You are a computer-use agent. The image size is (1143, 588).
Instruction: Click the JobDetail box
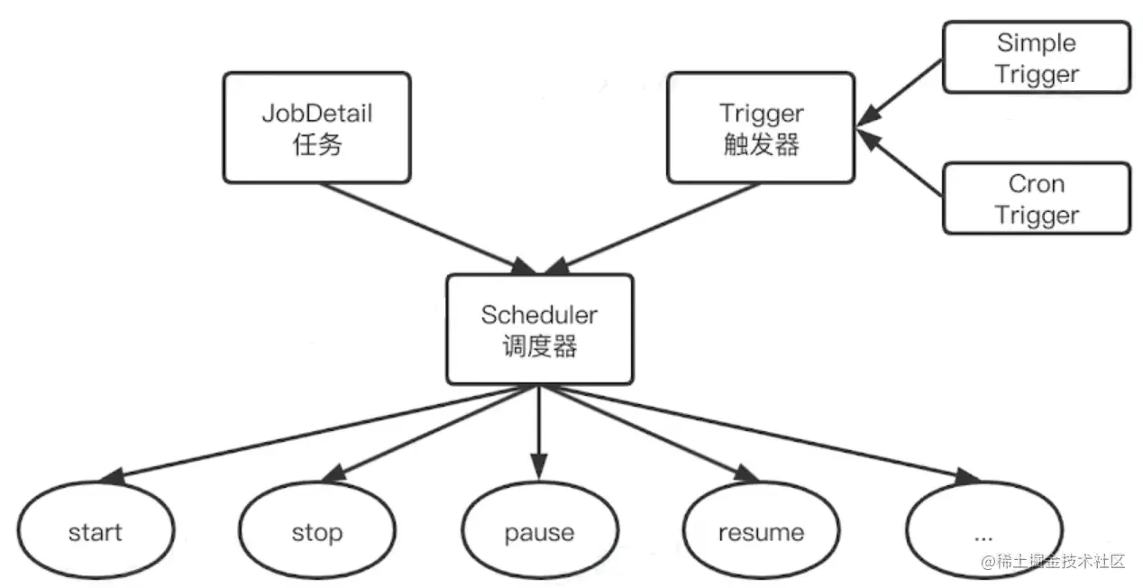[316, 127]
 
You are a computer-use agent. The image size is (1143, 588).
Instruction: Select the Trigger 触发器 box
[761, 127]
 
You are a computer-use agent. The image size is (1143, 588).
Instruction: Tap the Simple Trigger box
[1036, 58]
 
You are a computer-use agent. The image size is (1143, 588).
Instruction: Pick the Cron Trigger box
[1036, 198]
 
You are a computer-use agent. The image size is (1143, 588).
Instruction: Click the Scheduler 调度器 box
[539, 329]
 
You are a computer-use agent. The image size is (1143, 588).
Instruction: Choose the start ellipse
[95, 532]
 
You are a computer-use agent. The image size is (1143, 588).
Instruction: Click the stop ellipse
[316, 532]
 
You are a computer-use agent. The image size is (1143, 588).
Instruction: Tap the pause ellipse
[539, 532]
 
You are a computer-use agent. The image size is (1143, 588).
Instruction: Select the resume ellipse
[761, 532]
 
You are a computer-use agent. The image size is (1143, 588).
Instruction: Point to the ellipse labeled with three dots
[983, 532]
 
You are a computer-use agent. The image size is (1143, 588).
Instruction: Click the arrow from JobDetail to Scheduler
[424, 225]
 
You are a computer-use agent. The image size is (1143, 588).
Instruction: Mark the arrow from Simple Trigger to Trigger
[901, 89]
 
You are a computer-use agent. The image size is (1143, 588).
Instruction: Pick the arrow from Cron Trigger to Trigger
[901, 163]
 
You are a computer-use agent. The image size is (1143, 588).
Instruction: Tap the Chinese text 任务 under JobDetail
[317, 144]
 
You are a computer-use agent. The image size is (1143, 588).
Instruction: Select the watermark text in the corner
[1055, 561]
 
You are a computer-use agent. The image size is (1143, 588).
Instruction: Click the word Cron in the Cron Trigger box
[1036, 184]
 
